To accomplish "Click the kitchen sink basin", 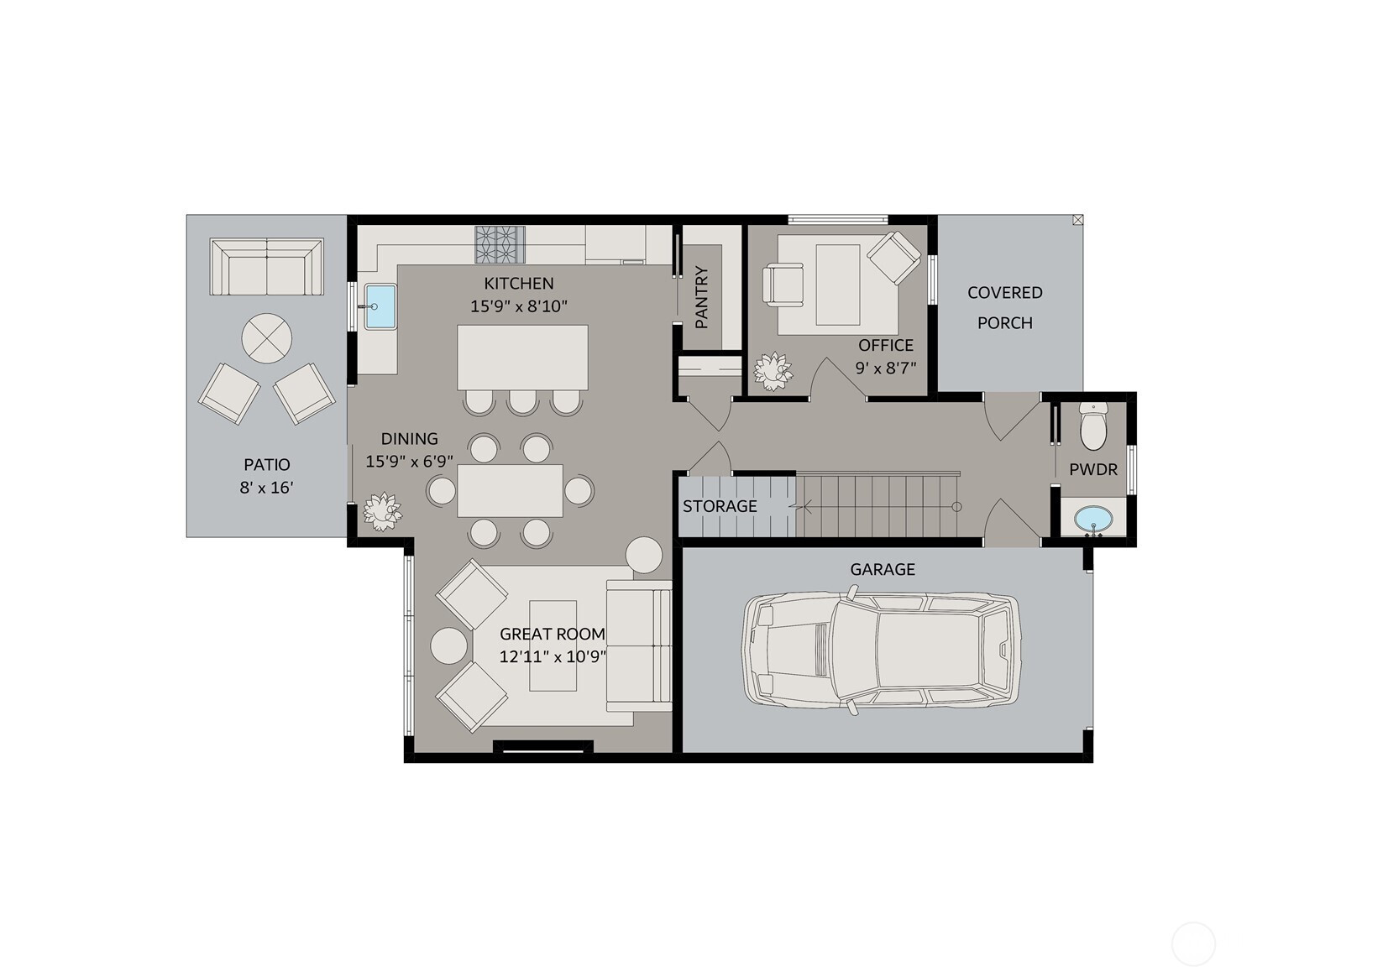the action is click(x=380, y=306).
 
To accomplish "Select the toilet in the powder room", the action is click(x=1093, y=426).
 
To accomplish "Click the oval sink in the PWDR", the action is click(x=1092, y=519).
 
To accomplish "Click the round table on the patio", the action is click(x=267, y=338).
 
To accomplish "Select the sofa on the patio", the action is click(x=267, y=267).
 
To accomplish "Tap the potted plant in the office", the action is click(x=773, y=372).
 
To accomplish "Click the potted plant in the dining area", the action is click(x=382, y=512).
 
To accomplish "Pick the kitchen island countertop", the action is click(x=522, y=358).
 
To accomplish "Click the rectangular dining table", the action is click(x=510, y=491).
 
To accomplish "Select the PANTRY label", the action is click(x=701, y=297).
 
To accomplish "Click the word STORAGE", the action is click(x=720, y=506).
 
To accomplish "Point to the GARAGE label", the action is click(x=883, y=570).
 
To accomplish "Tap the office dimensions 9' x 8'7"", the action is click(x=886, y=368).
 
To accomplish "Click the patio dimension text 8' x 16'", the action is click(x=266, y=488).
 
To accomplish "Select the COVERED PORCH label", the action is click(x=1004, y=307).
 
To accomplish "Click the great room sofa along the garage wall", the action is click(x=639, y=645).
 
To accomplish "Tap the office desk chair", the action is click(x=784, y=285).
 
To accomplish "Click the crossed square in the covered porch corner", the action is click(x=1077, y=220).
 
